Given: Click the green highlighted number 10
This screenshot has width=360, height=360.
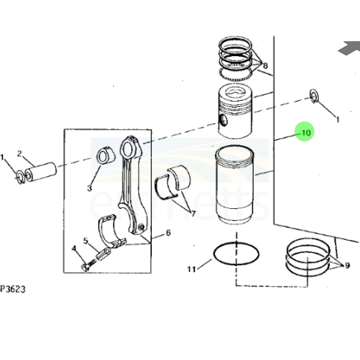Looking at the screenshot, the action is [306, 133].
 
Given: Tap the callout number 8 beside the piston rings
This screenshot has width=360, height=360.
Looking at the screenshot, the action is [265, 66].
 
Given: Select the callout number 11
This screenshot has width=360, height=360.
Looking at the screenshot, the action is [191, 269].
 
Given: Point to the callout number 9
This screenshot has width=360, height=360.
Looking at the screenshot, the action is [347, 265].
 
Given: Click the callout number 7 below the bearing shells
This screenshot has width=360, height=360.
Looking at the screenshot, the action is [193, 214].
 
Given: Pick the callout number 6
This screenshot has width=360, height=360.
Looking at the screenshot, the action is [169, 232].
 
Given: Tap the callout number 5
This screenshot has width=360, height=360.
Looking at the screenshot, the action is [86, 241].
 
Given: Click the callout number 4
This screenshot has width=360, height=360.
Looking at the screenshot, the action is [74, 248].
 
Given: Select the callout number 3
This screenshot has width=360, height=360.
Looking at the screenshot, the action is [89, 188].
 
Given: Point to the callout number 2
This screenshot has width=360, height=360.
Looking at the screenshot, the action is [20, 153].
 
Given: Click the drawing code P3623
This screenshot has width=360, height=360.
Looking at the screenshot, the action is [13, 289].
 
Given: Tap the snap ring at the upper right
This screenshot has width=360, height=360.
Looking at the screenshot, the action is [314, 96].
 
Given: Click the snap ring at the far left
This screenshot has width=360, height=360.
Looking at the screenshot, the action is [20, 177].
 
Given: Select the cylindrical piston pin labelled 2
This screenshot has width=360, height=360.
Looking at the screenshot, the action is [40, 172].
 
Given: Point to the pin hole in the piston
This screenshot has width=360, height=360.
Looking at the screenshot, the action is [223, 120].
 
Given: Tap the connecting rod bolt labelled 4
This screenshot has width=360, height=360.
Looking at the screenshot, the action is [89, 265].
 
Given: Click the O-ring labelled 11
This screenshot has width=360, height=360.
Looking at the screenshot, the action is [236, 254].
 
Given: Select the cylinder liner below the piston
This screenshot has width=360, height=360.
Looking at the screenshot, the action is [235, 185].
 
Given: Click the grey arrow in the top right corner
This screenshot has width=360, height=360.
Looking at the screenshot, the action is [351, 48].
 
